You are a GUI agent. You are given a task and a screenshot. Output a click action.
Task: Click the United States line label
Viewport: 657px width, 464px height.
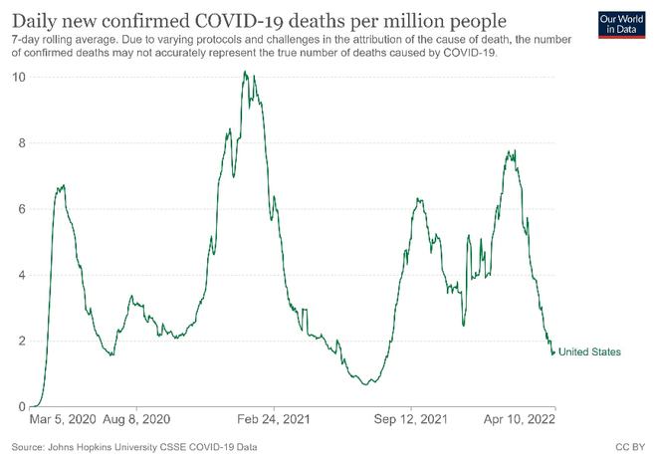[x=589, y=352]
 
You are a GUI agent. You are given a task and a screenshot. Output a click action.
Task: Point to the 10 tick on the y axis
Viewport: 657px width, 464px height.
[x=18, y=77]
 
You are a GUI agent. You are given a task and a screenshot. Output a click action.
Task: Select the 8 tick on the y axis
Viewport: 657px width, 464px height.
[x=21, y=142]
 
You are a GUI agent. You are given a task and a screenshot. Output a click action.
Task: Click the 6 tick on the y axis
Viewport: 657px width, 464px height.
[x=21, y=209]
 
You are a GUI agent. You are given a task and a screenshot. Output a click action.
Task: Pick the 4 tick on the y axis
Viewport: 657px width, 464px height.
[x=21, y=275]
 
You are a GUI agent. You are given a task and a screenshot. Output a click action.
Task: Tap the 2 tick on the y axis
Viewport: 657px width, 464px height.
[x=21, y=341]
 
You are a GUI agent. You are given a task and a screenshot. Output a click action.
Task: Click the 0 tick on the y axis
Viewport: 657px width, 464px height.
[x=21, y=406]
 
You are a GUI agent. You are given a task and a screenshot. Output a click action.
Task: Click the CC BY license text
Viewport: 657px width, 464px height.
[x=631, y=448]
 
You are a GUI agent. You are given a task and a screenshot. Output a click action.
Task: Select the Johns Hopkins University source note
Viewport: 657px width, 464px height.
[x=134, y=448]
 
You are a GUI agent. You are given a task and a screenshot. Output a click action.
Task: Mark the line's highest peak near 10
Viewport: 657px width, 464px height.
[x=245, y=72]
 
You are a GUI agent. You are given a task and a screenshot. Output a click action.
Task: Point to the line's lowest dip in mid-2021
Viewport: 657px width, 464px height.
[x=369, y=382]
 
